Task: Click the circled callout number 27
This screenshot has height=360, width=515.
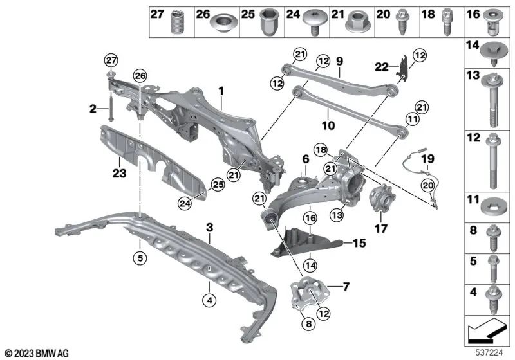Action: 111,60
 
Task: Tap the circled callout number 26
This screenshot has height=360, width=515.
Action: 140,76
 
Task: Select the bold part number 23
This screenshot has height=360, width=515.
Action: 119,173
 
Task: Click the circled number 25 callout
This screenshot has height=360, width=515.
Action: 218,184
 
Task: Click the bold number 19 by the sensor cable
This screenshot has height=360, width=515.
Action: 427,159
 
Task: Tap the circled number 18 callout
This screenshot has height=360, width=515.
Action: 321,150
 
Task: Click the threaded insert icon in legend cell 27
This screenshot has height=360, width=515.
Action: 178,22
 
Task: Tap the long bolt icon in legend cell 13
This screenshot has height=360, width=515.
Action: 492,100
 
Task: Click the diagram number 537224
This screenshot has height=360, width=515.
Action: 489,352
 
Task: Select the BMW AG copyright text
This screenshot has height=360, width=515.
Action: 37,353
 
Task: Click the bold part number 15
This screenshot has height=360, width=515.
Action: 359,243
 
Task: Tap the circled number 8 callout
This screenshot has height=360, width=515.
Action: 308,324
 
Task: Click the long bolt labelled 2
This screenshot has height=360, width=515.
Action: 111,107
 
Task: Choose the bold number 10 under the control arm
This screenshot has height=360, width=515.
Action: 328,125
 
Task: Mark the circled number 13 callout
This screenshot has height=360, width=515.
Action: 337,215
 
